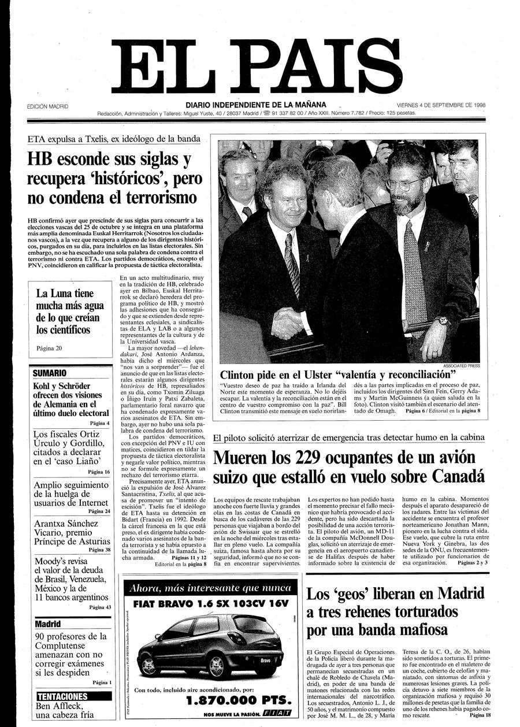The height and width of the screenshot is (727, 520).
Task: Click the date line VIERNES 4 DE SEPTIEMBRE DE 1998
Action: point(441,106)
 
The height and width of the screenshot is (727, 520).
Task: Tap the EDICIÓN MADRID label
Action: point(47,106)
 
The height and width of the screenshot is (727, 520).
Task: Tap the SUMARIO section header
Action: point(50,373)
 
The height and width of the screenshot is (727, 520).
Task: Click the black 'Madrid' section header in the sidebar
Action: point(48,624)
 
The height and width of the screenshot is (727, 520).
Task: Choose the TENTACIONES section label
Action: point(62,696)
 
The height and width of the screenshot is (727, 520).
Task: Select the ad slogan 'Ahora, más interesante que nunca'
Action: point(209,588)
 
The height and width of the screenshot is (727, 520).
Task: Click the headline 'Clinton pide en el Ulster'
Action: point(338,374)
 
